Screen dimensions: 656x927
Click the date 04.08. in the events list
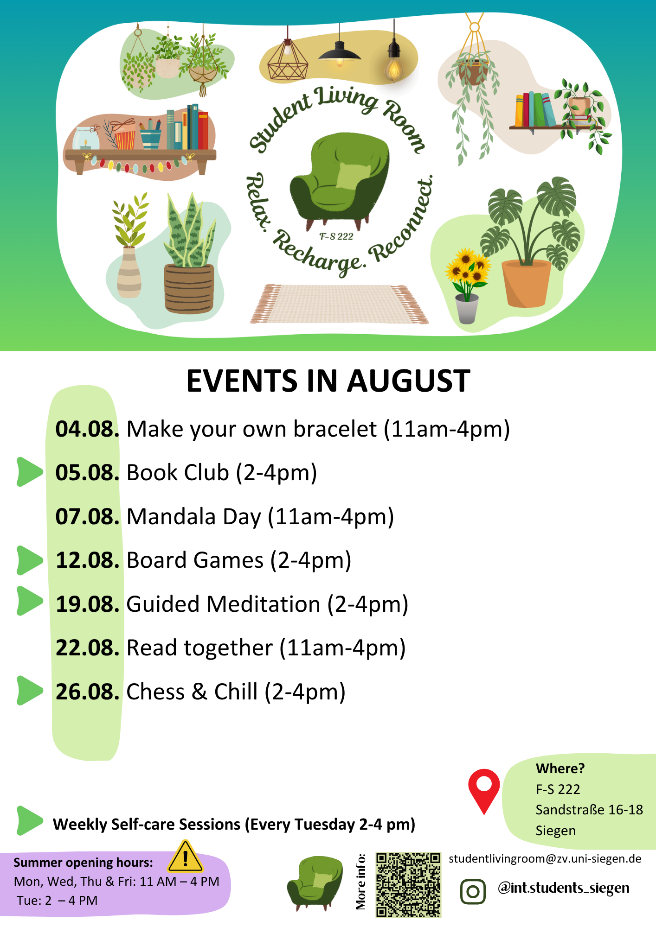[87, 429]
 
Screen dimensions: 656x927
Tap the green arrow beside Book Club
[30, 472]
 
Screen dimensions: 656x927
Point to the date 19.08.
[88, 604]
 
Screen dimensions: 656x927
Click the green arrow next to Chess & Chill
[30, 691]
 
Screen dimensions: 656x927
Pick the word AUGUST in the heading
[409, 381]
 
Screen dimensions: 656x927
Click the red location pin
[484, 791]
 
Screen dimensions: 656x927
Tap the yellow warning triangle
[186, 857]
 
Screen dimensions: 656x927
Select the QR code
[408, 885]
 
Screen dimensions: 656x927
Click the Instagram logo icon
[473, 891]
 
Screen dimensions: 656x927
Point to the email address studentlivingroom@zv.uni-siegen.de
[545, 859]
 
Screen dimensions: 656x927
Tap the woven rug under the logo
[339, 304]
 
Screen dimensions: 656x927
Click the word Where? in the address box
[560, 768]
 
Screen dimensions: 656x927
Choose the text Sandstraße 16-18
[589, 810]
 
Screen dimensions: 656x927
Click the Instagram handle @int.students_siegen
[564, 888]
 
